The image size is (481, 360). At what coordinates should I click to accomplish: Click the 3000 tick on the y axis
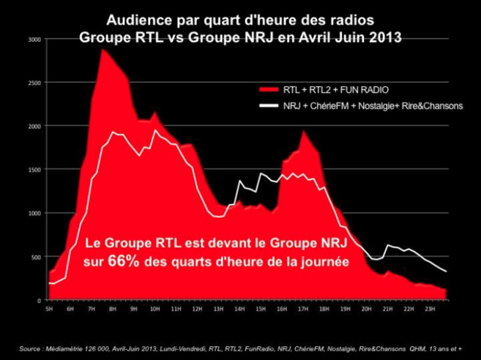tap(34, 39)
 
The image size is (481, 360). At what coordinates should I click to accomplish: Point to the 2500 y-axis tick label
tap(34, 83)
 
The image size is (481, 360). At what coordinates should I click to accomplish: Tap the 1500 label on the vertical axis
tap(34, 170)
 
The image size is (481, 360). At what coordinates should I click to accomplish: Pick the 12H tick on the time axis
tap(197, 309)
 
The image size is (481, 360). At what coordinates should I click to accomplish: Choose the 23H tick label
tap(430, 309)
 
